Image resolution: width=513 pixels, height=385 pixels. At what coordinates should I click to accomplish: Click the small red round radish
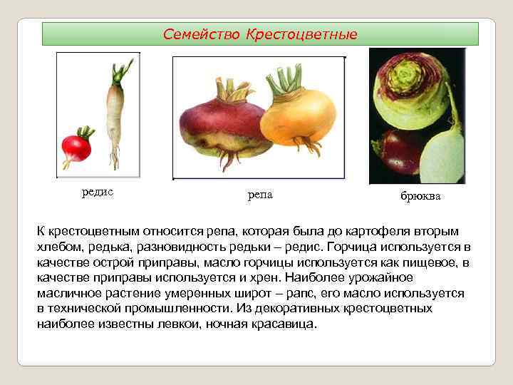[x=76, y=148]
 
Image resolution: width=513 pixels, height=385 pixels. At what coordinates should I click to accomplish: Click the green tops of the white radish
[x=121, y=72]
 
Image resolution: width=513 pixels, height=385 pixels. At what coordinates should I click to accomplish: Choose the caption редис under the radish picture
[x=98, y=192]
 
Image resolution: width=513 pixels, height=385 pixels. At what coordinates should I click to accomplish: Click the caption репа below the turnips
[x=260, y=195]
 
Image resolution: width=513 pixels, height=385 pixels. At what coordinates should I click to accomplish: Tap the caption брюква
[x=420, y=196]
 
